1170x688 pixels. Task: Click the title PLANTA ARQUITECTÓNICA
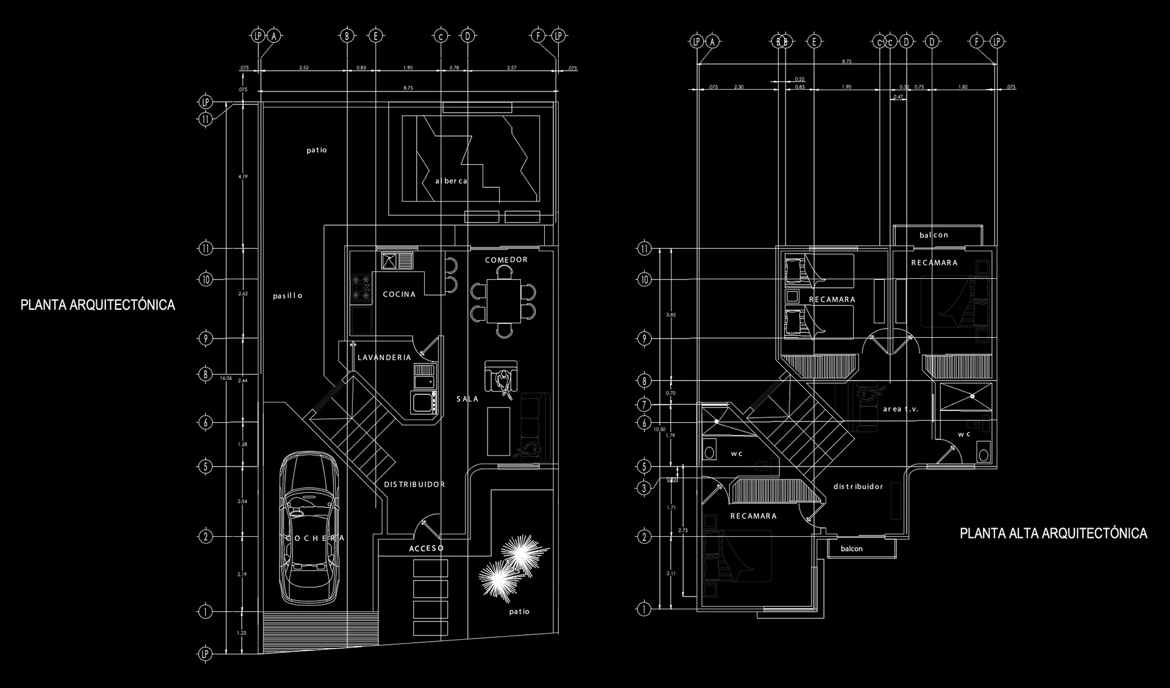coord(97,305)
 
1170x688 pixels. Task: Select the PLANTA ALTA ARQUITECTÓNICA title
coord(1053,534)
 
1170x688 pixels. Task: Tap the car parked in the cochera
coord(308,528)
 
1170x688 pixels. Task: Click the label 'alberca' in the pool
coord(451,181)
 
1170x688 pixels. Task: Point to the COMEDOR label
coord(506,260)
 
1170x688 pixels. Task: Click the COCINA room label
coord(399,295)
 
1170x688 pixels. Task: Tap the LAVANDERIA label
coord(384,357)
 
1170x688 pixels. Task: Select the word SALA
coord(467,399)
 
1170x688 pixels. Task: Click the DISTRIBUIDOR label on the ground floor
coord(414,484)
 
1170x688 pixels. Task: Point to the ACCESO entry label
coord(426,548)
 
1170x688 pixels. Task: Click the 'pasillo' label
coord(288,296)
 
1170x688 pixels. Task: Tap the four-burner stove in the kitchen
coord(361,288)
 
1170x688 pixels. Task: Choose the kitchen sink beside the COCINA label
coord(397,261)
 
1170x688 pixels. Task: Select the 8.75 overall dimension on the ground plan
coord(408,88)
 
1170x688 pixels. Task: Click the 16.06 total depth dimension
coord(225,378)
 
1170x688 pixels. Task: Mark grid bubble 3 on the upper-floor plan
coord(644,488)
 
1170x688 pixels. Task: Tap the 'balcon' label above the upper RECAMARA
coord(934,235)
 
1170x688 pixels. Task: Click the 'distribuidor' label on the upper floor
coord(858,487)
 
